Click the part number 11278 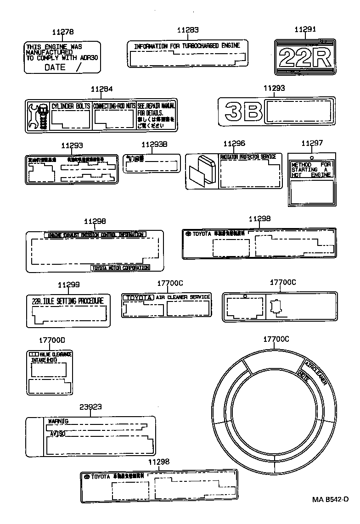[x=62, y=32]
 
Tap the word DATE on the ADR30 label [x=55, y=67]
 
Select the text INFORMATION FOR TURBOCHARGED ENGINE [x=187, y=46]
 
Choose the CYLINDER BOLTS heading [x=71, y=106]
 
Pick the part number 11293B [x=154, y=144]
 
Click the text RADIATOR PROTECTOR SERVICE [x=248, y=157]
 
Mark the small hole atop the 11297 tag [x=312, y=158]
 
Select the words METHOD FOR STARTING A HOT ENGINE [x=311, y=170]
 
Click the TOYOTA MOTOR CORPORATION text [x=121, y=268]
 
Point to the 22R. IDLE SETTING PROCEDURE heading [x=67, y=301]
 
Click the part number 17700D [x=52, y=340]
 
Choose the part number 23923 [x=90, y=407]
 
